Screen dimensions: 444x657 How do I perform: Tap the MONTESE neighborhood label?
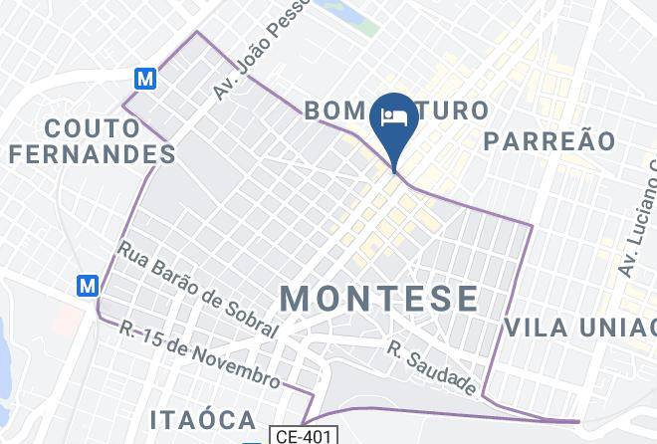coord(378,298)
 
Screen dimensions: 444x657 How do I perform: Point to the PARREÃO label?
coord(549,140)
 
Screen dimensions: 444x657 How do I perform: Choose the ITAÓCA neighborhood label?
coord(203,419)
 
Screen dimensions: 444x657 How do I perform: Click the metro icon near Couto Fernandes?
coord(146,77)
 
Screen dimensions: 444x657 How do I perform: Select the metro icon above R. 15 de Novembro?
coord(89,285)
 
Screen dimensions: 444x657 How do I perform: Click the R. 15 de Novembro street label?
coord(200,354)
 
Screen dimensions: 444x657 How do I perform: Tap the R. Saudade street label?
coord(433,367)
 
